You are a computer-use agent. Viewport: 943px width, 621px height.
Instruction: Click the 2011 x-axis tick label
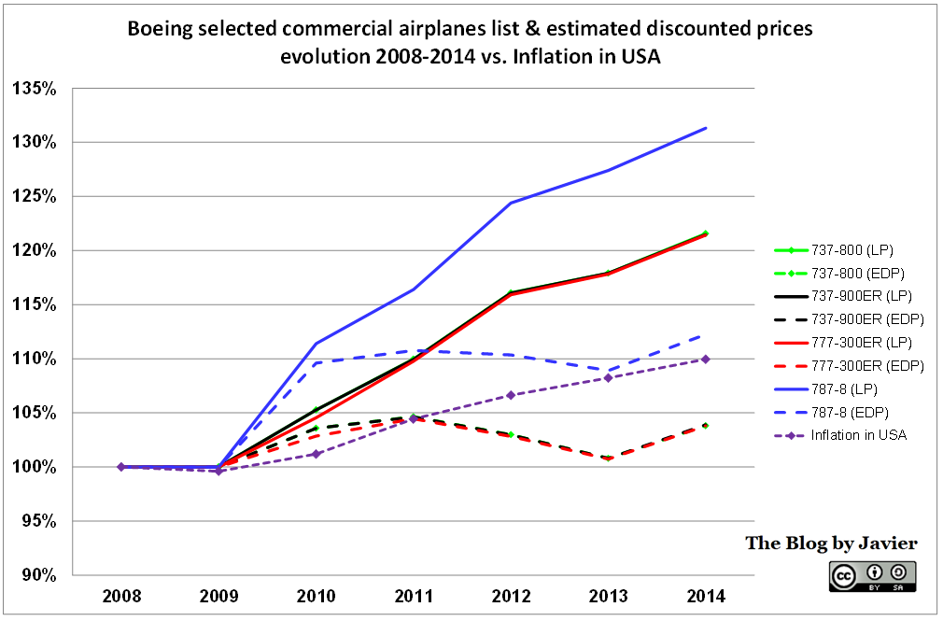413,596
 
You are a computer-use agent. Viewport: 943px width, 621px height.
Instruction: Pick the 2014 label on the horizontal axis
705,596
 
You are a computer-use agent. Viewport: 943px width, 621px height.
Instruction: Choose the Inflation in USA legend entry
855,435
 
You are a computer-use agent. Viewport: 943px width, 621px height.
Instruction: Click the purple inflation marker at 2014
705,359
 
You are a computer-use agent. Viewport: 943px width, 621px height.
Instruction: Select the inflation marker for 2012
510,395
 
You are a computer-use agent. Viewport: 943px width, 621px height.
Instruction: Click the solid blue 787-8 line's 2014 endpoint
705,128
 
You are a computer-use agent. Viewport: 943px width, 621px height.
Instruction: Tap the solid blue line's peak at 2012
510,203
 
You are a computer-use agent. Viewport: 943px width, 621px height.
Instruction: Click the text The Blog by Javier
831,543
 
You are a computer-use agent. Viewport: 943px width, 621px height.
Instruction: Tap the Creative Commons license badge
871,575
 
